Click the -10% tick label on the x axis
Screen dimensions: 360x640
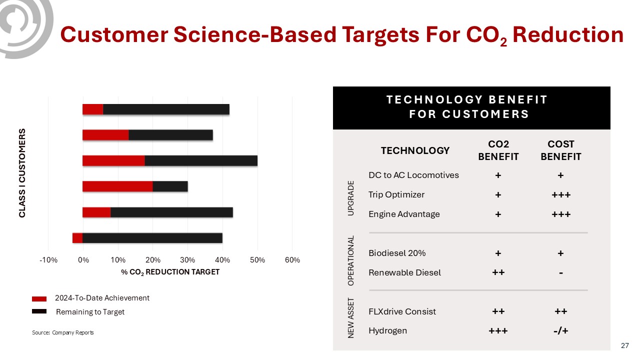tap(48, 260)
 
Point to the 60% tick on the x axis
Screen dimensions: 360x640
tap(292, 260)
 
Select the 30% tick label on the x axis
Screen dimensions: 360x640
tap(187, 260)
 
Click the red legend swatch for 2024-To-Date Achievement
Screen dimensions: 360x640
tap(39, 298)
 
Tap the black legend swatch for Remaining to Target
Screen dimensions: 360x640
tap(39, 311)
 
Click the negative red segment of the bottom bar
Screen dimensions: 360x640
tap(77, 238)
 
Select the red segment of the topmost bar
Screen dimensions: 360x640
tap(92, 109)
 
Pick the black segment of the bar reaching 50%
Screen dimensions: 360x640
tap(201, 160)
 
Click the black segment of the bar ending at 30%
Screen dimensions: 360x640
tap(170, 186)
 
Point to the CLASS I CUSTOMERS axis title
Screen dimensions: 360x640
tap(22, 173)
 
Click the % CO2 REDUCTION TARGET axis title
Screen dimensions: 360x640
tap(170, 272)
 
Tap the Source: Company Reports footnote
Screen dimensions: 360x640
tap(62, 332)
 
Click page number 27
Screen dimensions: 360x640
tap(624, 345)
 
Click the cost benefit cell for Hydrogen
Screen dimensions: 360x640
tap(560, 330)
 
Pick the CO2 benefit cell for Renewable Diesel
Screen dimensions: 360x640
tap(498, 272)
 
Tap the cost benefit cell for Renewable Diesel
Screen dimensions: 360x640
tap(560, 272)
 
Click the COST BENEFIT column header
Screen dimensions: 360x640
tap(561, 150)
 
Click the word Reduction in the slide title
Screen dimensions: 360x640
tap(568, 34)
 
